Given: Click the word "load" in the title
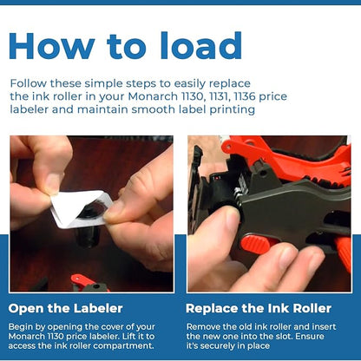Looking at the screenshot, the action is [x=200, y=45].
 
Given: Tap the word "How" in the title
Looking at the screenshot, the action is [x=52, y=46].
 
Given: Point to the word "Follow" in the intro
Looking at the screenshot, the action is [x=28, y=83].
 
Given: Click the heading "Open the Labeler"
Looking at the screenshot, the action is [x=66, y=308].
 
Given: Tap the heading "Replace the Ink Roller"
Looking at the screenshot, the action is [x=259, y=308].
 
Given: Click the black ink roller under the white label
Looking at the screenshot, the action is [x=87, y=228].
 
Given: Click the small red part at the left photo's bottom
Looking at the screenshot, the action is [x=87, y=282].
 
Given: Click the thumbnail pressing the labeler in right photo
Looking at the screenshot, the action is [x=233, y=220].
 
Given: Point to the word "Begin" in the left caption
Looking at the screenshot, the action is [x=20, y=327].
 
